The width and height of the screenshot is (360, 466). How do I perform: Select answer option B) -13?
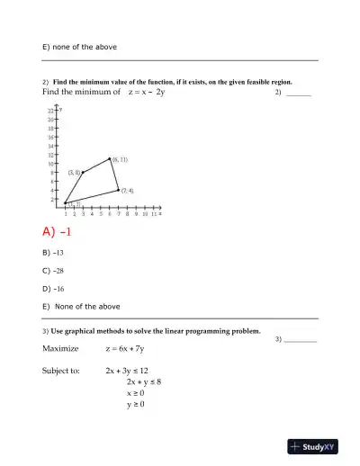point(56,253)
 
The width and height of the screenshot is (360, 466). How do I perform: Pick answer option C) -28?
point(56,271)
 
